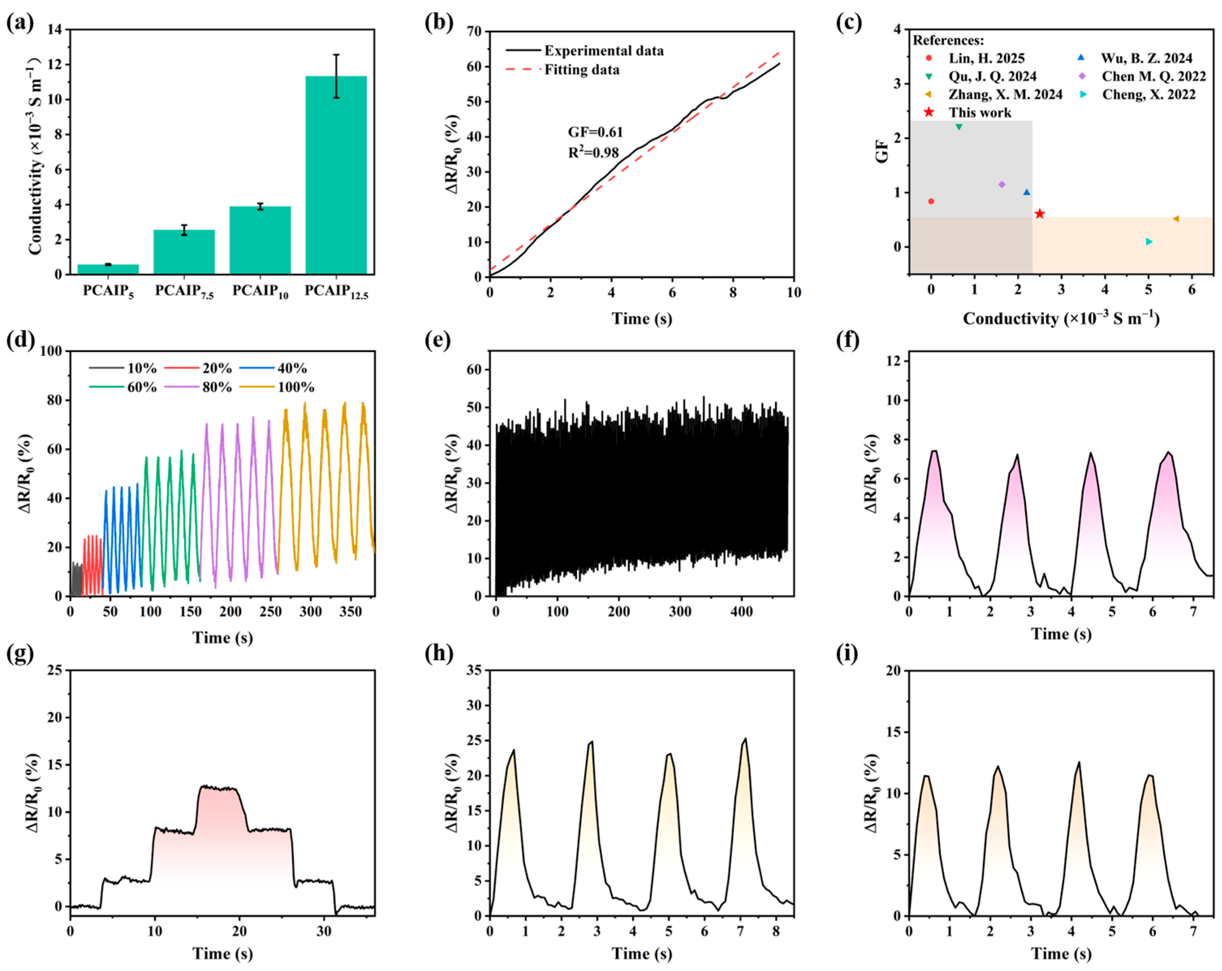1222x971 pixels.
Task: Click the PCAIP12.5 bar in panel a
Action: pos(336,176)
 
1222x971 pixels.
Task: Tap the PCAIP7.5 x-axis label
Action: pos(184,291)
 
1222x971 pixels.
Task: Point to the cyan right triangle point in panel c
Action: pos(1148,242)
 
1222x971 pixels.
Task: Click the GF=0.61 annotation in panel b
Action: pos(595,132)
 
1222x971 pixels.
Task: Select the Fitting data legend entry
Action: pos(582,70)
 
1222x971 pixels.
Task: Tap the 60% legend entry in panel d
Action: pos(142,387)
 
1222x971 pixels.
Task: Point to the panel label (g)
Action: pos(20,654)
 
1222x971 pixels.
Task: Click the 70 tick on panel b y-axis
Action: pos(474,32)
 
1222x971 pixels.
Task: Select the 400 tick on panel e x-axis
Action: pos(741,612)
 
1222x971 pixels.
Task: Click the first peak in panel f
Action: pos(933,451)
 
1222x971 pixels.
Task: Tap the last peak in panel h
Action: pos(745,739)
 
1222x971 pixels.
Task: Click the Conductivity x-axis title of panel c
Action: pos(1060,319)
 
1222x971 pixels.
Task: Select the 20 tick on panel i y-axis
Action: pos(893,671)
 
